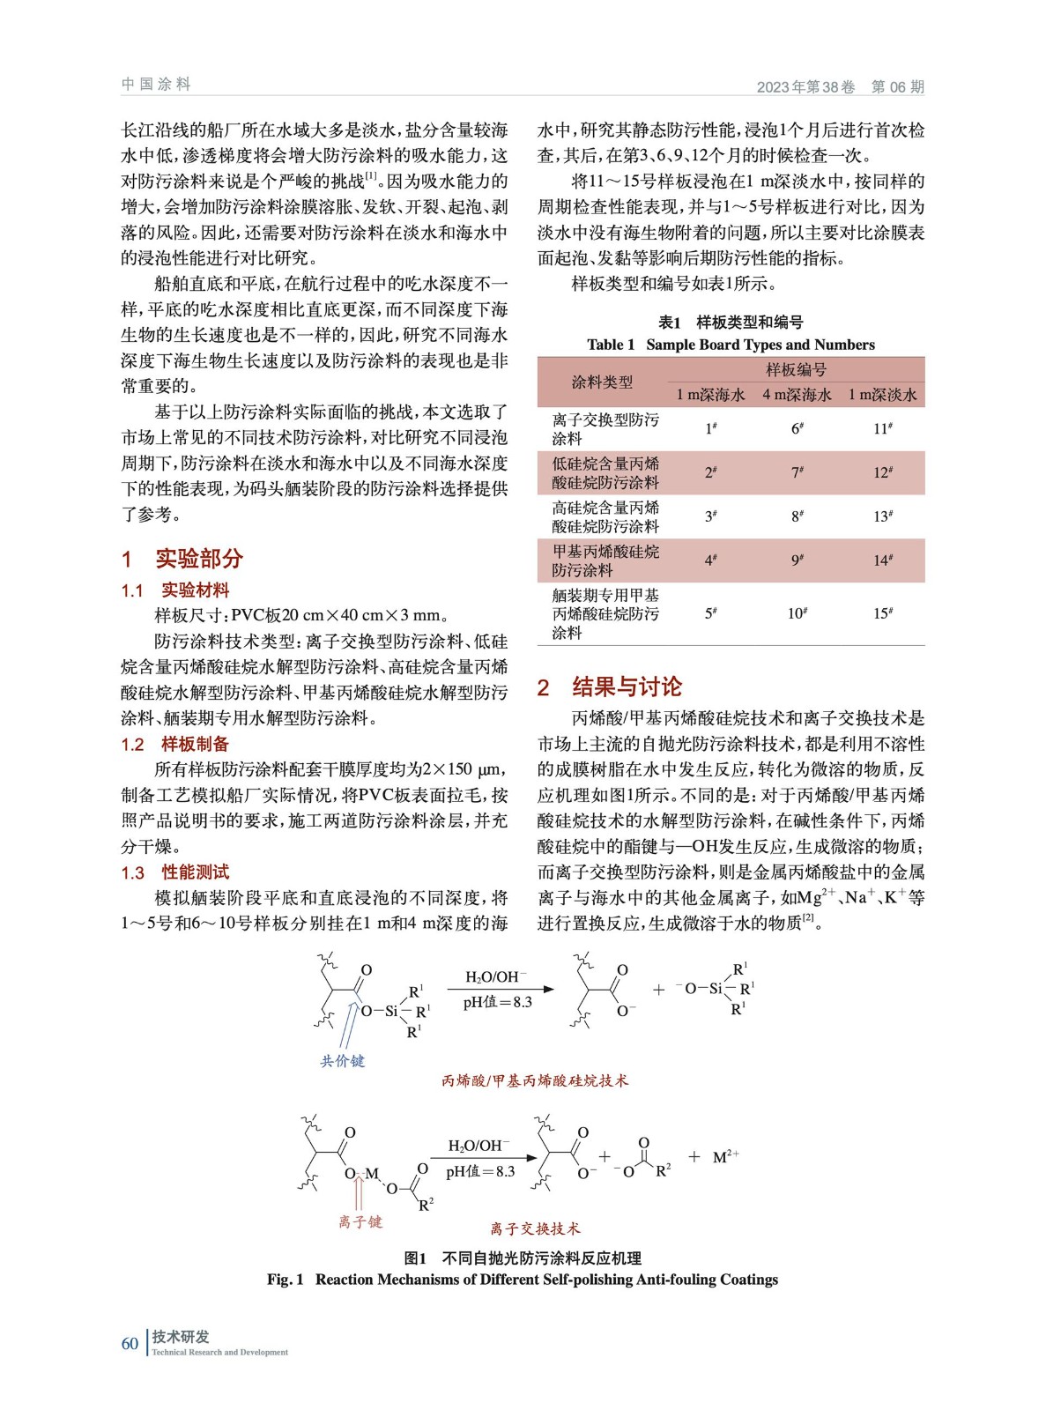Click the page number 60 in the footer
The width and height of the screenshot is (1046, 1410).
point(130,1343)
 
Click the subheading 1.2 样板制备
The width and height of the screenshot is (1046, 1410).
point(175,745)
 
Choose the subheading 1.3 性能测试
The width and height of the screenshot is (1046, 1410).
point(175,872)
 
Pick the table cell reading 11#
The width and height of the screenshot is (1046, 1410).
point(883,428)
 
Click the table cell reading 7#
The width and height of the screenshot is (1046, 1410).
point(797,472)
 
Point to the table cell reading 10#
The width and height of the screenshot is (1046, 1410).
point(797,613)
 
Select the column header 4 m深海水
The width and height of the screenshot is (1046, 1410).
point(797,395)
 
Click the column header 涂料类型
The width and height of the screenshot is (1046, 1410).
point(602,382)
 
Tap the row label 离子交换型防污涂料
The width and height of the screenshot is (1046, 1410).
point(605,429)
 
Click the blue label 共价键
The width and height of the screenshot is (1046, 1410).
point(342,1061)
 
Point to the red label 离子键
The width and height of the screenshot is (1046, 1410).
point(360,1221)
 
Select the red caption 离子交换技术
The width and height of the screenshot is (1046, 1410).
point(535,1228)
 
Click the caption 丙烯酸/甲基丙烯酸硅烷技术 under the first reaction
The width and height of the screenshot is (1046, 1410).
point(535,1080)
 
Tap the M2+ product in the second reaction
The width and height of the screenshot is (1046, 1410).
point(725,1156)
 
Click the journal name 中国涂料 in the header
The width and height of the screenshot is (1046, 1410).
point(156,85)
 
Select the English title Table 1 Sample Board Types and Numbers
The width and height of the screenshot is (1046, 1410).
point(731,345)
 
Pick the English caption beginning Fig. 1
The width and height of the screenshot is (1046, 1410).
point(523,1280)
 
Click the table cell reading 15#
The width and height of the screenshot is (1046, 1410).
point(883,613)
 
